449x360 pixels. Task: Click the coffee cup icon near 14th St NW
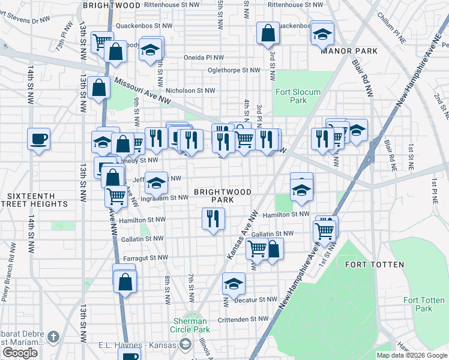(38, 139)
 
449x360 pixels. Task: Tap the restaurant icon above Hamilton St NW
(213, 218)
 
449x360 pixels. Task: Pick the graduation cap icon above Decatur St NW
(234, 284)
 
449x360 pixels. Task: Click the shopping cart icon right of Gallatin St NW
(325, 230)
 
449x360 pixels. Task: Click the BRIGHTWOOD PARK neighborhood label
(222, 196)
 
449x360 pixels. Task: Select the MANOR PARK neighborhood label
(349, 51)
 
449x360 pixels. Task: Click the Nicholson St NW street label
(190, 91)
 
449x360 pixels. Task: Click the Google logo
(20, 353)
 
